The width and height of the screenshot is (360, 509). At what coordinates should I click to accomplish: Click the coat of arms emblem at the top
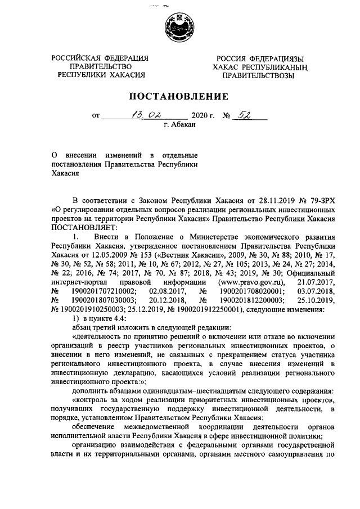tap(180, 30)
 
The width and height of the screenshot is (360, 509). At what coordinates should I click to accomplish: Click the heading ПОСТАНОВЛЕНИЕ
tap(180, 96)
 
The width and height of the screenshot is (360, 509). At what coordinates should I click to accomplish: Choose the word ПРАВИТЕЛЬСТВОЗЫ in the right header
tap(258, 76)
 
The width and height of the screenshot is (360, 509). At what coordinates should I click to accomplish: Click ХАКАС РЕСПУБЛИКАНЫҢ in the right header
tap(258, 67)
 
